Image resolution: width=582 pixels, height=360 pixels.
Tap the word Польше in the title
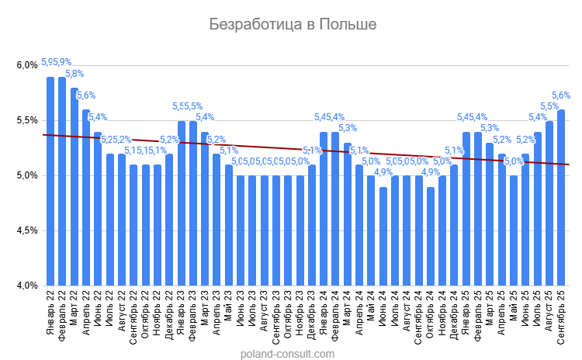click(x=346, y=25)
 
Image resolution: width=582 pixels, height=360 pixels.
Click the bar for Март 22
click(x=74, y=187)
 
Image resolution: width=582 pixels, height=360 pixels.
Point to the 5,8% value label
click(x=74, y=74)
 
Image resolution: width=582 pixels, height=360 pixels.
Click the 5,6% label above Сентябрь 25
click(x=562, y=95)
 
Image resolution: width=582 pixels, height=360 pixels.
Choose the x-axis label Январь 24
click(x=324, y=317)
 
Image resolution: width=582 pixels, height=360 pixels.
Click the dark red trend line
click(x=233, y=145)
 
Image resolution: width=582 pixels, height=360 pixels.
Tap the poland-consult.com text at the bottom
click(x=288, y=354)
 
